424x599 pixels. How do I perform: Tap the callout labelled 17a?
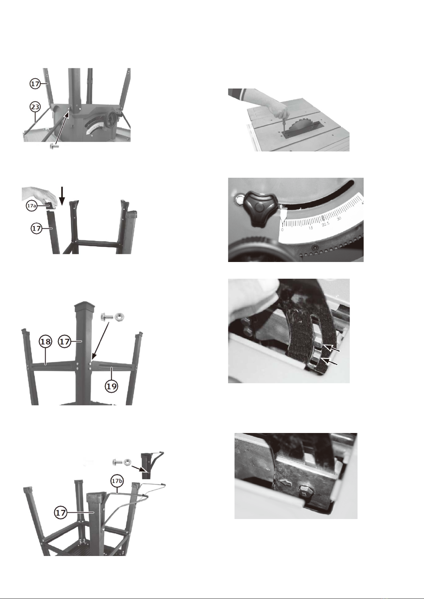(x=31, y=206)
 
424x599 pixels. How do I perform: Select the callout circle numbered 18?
(x=45, y=342)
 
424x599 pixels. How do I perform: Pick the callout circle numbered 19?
(x=111, y=386)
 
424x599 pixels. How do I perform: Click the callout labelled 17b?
(x=117, y=481)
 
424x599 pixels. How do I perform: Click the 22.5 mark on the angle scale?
(x=325, y=224)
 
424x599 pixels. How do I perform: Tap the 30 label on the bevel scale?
(x=339, y=219)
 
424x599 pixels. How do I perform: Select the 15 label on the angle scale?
(x=311, y=228)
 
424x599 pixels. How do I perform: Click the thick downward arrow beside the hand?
(x=62, y=196)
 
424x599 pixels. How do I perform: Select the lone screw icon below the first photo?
(x=54, y=146)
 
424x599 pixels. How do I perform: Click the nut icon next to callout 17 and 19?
(x=120, y=317)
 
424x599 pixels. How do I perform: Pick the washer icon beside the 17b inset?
(x=127, y=461)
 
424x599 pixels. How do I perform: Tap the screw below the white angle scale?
(x=316, y=248)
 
